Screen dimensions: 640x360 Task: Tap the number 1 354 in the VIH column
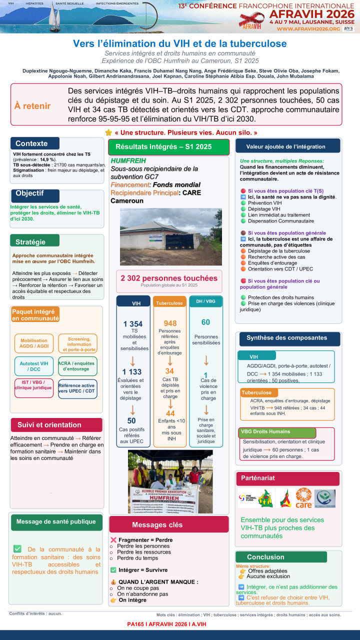click(x=133, y=324)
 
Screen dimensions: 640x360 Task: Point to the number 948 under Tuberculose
click(x=169, y=323)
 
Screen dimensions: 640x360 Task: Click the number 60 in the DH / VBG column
click(x=205, y=322)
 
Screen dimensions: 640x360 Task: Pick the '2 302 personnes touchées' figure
click(x=169, y=278)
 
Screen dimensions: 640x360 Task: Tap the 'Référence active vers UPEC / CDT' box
click(x=77, y=388)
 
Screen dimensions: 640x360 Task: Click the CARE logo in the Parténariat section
click(x=303, y=498)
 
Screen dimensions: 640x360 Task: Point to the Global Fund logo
click(x=247, y=498)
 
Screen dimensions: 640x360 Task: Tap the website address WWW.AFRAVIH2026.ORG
click(x=308, y=29)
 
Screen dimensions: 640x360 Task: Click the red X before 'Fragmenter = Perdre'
click(x=113, y=540)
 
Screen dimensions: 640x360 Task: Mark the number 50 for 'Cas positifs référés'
click(x=131, y=421)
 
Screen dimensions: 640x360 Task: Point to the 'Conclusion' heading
click(x=265, y=557)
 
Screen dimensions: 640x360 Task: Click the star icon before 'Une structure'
click(x=108, y=133)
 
